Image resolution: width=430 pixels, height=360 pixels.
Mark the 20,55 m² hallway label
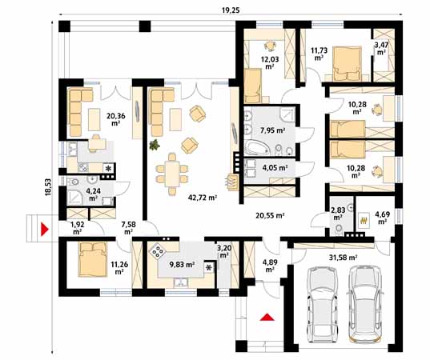coord(271,215)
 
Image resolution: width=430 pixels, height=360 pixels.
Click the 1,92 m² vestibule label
coord(77,228)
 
